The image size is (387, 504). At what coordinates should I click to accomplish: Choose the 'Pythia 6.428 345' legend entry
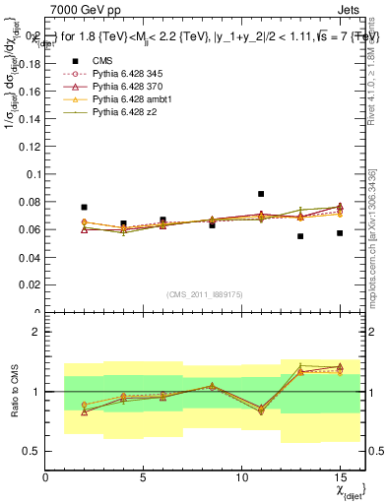(128, 74)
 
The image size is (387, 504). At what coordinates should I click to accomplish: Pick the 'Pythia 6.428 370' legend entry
(128, 88)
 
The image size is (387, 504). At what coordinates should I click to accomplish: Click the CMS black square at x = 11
(261, 194)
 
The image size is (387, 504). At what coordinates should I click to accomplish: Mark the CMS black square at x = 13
(300, 236)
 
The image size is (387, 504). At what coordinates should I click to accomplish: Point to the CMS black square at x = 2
(85, 208)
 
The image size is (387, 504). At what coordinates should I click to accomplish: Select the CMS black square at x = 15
(340, 233)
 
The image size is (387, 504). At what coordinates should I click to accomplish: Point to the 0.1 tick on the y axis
(32, 174)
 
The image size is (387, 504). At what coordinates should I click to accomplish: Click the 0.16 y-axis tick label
(29, 92)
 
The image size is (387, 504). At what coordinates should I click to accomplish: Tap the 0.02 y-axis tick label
(29, 284)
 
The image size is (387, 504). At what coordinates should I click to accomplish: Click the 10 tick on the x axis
(241, 478)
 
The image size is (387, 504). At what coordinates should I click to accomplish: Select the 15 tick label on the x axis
(340, 478)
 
